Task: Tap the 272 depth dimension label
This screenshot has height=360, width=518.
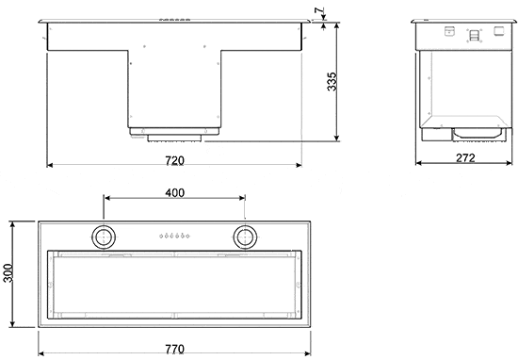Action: [x=464, y=158]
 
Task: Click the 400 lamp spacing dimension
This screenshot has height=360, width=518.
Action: [x=174, y=192]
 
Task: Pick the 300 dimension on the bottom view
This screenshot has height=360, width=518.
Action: [x=8, y=274]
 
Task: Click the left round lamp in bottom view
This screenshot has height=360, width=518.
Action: [x=104, y=236]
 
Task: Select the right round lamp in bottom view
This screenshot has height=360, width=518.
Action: [x=245, y=236]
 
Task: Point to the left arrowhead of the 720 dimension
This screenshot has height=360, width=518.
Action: [x=50, y=166]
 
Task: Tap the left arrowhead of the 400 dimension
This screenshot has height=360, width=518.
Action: [x=106, y=199]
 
